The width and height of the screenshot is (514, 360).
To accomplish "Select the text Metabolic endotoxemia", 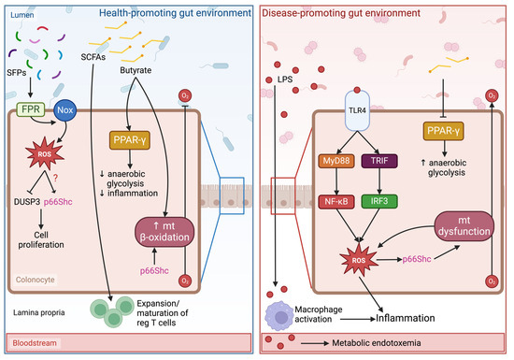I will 401,344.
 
